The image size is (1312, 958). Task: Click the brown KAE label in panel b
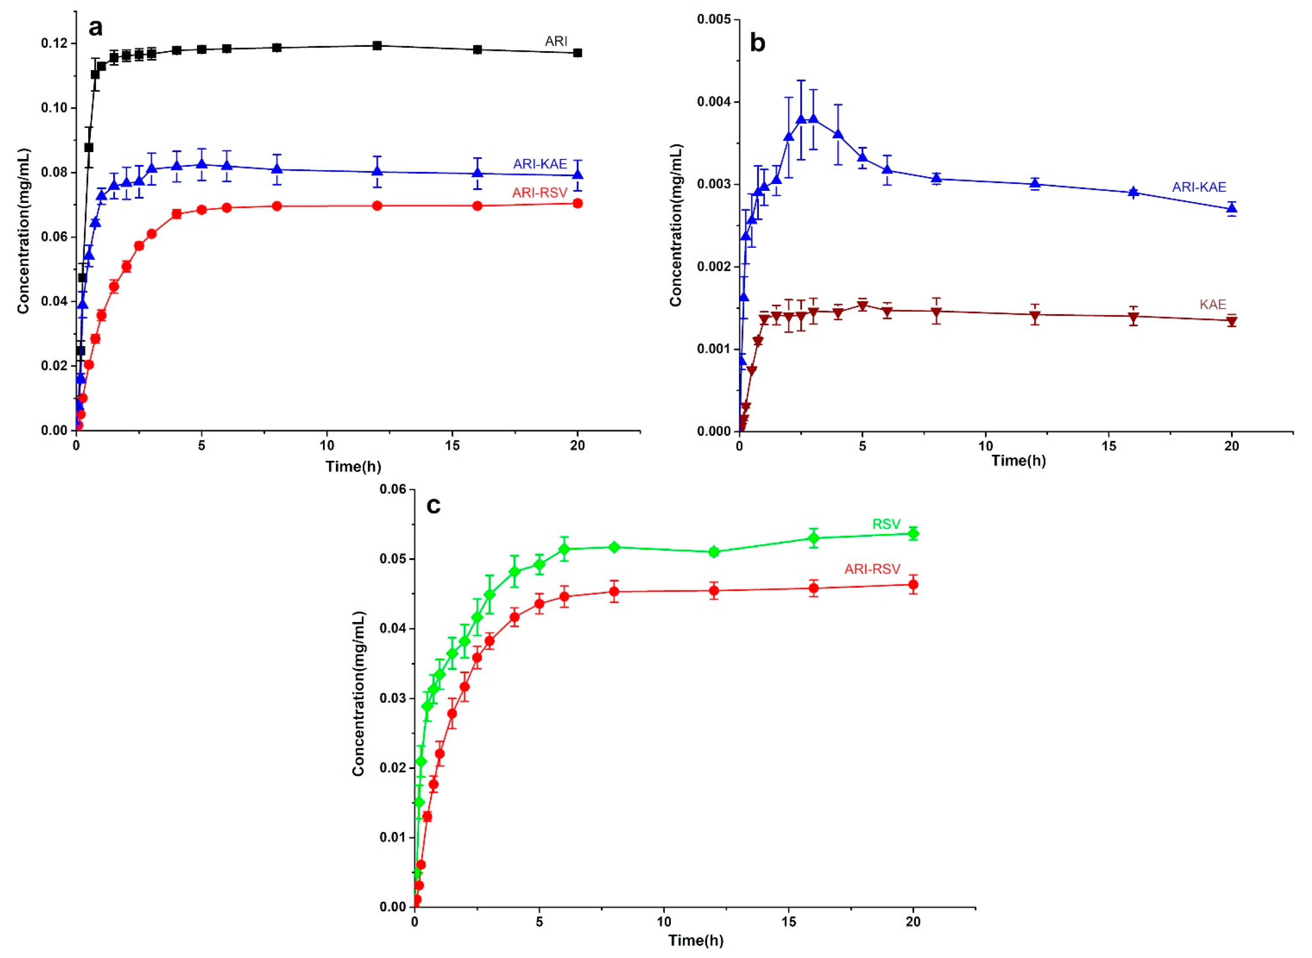click(1212, 304)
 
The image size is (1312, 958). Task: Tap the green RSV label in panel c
click(886, 524)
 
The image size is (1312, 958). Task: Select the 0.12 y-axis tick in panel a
click(54, 44)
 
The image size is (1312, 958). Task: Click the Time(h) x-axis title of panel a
click(353, 466)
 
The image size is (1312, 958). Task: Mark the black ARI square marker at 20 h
click(577, 53)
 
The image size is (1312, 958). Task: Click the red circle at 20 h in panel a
click(577, 203)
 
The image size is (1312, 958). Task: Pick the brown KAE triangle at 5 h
click(862, 306)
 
